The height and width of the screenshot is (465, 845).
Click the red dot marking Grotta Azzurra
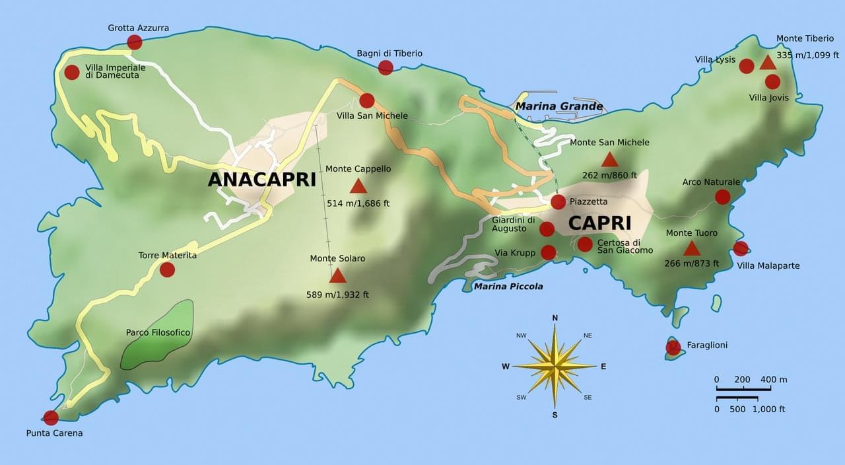(135, 42)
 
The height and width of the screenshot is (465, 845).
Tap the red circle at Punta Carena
(51, 417)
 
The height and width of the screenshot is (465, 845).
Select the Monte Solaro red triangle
(338, 276)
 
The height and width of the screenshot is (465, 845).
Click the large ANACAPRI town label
(262, 180)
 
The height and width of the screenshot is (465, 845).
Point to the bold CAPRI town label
(599, 223)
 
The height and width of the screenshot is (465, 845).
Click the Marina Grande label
(559, 106)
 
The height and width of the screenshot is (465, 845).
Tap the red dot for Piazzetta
(558, 201)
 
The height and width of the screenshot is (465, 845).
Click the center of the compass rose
(555, 365)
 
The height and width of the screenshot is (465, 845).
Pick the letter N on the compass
(555, 318)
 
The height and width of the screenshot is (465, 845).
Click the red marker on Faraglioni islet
(673, 347)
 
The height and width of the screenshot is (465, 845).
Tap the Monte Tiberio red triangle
(768, 63)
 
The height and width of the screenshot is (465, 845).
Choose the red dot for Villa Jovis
(772, 82)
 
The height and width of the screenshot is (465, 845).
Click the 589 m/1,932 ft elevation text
(338, 295)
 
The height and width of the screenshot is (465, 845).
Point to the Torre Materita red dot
(167, 269)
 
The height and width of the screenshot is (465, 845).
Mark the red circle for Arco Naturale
(723, 197)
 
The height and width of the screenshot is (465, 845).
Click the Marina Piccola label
(508, 286)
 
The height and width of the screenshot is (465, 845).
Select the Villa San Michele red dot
(367, 100)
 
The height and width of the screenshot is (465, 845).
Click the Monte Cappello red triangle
(358, 186)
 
